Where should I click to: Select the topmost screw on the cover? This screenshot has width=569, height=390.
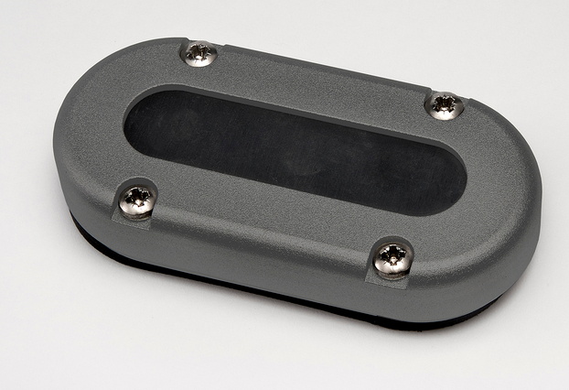tap(199, 54)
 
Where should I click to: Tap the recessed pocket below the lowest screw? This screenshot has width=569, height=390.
tap(392, 278)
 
